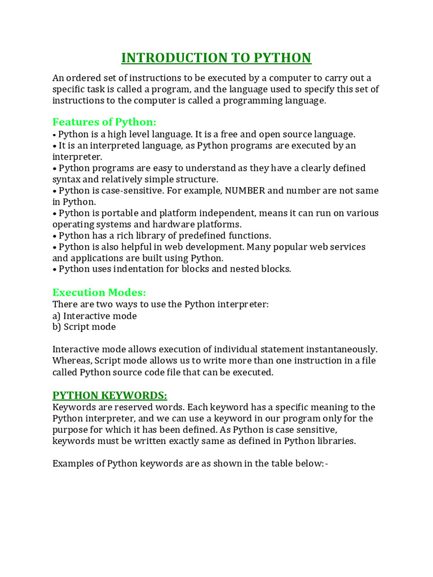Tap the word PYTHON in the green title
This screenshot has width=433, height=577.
282,58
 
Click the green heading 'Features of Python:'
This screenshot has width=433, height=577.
104,122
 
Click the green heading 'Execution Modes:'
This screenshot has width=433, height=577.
99,292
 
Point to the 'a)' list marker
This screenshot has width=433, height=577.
56,316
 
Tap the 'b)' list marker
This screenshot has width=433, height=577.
56,327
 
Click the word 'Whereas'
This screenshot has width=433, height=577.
71,361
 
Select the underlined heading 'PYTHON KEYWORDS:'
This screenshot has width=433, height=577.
110,395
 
